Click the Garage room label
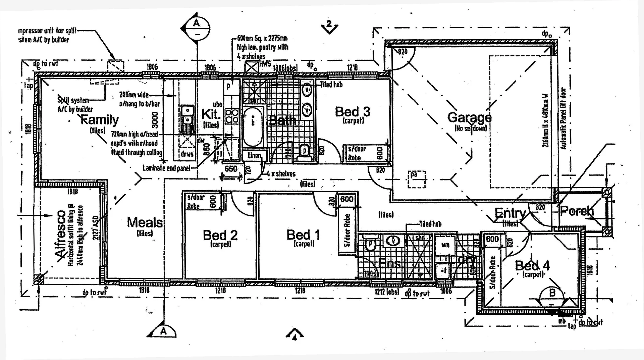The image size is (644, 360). [469, 117]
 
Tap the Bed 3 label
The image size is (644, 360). [353, 111]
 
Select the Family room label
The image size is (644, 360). [100, 119]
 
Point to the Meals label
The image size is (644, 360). [145, 222]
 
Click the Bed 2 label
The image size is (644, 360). [220, 235]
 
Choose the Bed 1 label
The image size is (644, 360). [303, 235]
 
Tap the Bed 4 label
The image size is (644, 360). [532, 266]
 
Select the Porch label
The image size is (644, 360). [577, 211]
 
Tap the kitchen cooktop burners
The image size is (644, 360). [232, 116]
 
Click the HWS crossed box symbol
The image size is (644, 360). [252, 66]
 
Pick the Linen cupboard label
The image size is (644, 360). [254, 156]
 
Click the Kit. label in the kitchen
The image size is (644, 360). [211, 114]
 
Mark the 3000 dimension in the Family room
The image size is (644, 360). [155, 120]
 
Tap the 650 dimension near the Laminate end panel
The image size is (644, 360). [231, 169]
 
